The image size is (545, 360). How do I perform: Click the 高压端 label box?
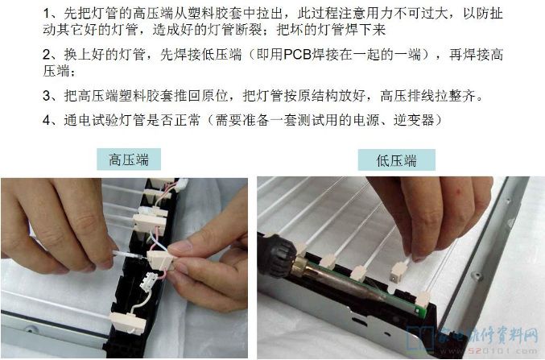[129, 159]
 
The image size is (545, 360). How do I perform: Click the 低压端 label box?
[397, 160]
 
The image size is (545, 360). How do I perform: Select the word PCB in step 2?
[297, 55]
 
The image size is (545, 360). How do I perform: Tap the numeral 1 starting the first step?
[47, 14]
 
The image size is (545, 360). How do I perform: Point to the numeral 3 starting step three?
[47, 96]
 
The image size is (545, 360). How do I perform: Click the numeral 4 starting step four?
[47, 120]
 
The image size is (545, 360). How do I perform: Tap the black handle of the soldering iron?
[277, 254]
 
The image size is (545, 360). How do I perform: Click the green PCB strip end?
[421, 310]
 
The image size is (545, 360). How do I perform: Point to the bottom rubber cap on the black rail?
[127, 322]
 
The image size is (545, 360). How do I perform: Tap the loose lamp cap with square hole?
[398, 271]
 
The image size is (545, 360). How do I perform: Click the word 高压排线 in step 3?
[407, 96]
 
